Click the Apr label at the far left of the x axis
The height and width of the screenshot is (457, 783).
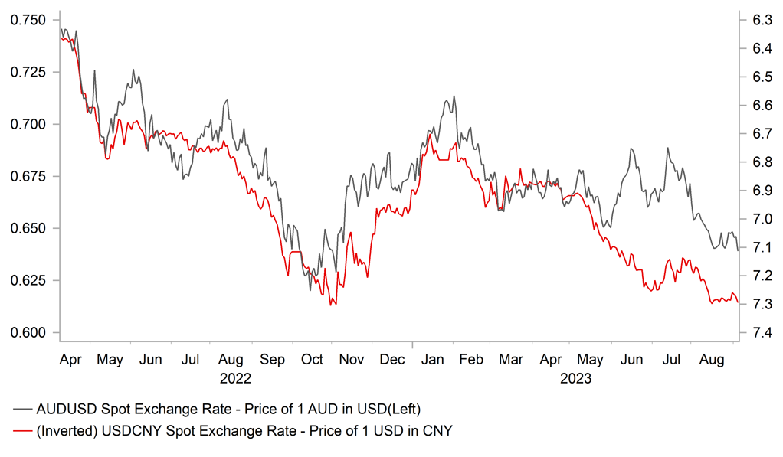[x=71, y=358]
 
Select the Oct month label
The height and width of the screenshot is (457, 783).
[x=312, y=358]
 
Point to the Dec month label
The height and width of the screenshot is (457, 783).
[x=392, y=358]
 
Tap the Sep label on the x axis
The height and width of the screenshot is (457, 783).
[x=272, y=358]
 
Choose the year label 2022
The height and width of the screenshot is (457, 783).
[x=235, y=377]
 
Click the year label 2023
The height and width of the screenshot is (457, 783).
[x=576, y=377]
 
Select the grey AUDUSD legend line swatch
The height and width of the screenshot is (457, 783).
[x=23, y=408]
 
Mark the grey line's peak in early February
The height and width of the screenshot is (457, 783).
[x=454, y=96]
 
